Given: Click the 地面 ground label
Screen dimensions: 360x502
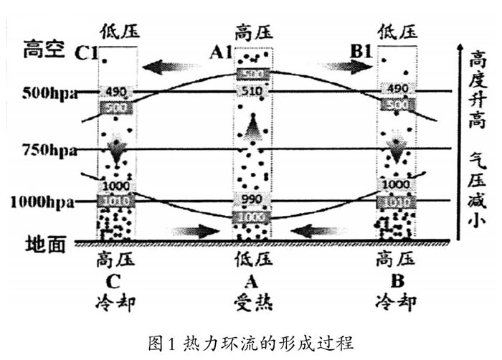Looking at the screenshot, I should (x=44, y=245).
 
